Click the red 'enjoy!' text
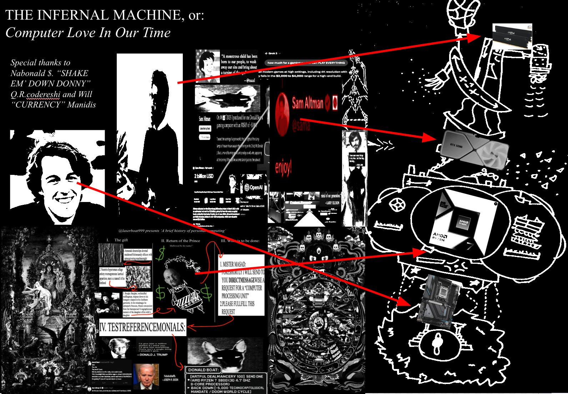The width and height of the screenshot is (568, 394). [x=283, y=167]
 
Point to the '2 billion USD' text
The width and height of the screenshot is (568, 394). [x=203, y=176]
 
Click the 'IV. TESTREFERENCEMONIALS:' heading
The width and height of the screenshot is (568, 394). [x=142, y=327]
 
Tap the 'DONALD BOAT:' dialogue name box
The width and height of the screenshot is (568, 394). [x=204, y=370]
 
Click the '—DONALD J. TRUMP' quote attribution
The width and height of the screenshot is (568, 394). [x=152, y=355]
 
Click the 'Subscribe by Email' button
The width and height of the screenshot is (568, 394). [x=205, y=128]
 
